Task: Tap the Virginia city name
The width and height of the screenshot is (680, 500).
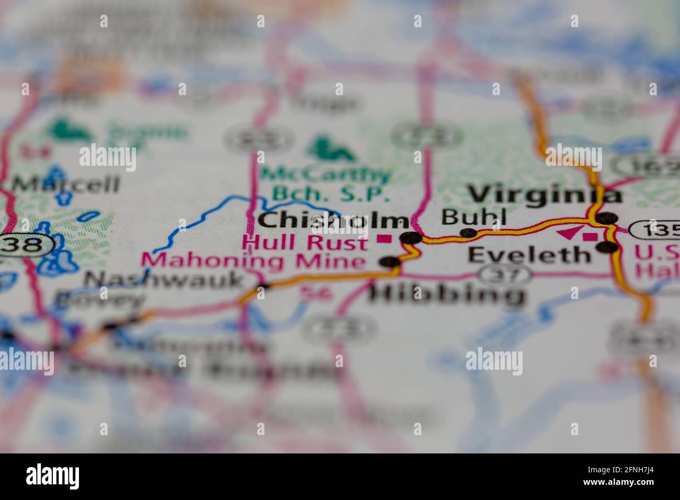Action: click(x=545, y=195)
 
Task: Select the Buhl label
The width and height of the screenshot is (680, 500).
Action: click(x=474, y=216)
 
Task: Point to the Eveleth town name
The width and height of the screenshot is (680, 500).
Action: click(x=528, y=255)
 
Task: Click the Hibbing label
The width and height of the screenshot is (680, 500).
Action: click(x=447, y=295)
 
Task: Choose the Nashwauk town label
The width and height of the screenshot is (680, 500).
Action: click(x=164, y=280)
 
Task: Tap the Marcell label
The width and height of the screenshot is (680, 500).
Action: click(x=65, y=184)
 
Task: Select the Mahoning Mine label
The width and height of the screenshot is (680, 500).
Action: click(x=254, y=260)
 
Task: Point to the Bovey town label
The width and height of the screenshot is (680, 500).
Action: click(x=99, y=300)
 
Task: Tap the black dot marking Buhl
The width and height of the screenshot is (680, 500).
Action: click(x=468, y=233)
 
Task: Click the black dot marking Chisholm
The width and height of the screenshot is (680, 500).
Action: click(x=411, y=238)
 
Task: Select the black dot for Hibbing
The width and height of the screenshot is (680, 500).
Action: click(x=390, y=261)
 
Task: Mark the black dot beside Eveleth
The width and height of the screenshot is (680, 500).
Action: click(x=607, y=247)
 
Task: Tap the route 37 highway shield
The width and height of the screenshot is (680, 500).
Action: click(x=506, y=272)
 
